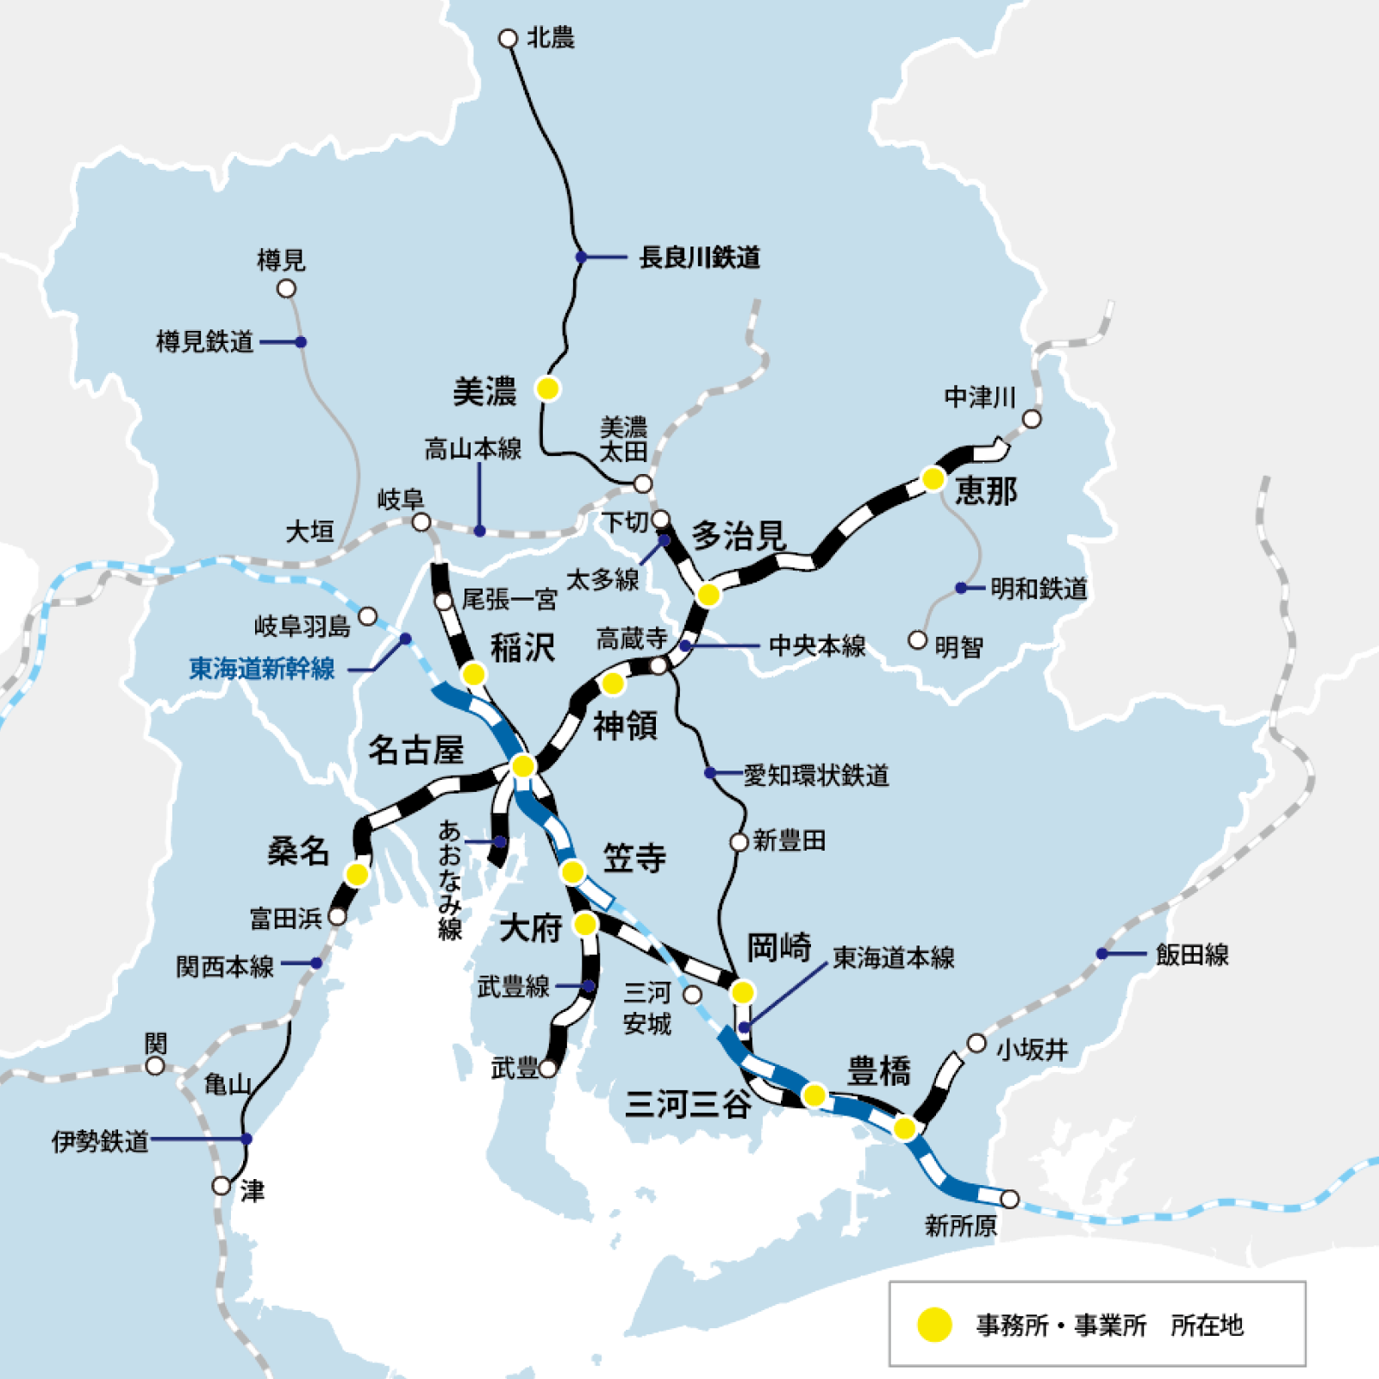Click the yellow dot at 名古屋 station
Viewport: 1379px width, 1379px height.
(x=523, y=765)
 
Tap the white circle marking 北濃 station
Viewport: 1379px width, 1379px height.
(x=509, y=39)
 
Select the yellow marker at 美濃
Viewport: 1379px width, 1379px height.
(x=547, y=389)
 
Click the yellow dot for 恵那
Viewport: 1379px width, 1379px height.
(x=933, y=478)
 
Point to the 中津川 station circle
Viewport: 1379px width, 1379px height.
(x=1032, y=420)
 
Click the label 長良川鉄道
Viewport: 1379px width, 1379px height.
(x=699, y=258)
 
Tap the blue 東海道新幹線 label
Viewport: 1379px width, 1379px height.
(x=262, y=669)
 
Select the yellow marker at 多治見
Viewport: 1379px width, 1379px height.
(x=708, y=595)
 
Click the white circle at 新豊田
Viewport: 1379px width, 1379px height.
(x=739, y=842)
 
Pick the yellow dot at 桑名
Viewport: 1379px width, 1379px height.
(x=357, y=875)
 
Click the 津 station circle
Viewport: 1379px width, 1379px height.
(x=222, y=1186)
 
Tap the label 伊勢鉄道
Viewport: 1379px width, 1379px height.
(x=100, y=1141)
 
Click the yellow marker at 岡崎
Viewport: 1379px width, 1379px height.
(x=742, y=992)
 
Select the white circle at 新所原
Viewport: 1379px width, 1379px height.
(x=1010, y=1199)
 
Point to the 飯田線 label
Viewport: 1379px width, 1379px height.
(x=1192, y=955)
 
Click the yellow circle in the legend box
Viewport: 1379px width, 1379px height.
(x=934, y=1325)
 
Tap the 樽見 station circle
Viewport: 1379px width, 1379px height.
(x=286, y=289)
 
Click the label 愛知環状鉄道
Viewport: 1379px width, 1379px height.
(x=815, y=776)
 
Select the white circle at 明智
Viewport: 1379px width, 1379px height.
(x=918, y=640)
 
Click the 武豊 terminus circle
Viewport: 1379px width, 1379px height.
(x=547, y=1070)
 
